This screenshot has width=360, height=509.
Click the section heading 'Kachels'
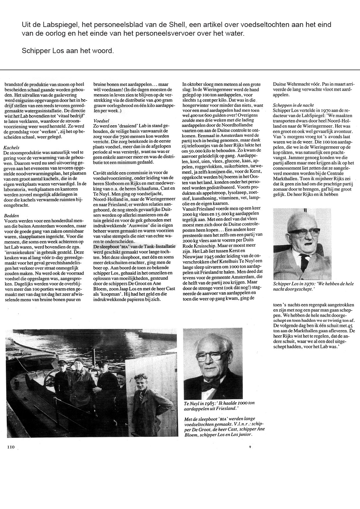click(11, 147)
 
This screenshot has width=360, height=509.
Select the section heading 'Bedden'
click(12, 216)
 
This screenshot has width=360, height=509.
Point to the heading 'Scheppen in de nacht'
click(293, 105)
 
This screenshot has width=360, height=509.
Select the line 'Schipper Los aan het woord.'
click(68, 51)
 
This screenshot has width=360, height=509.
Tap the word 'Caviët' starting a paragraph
click(99, 173)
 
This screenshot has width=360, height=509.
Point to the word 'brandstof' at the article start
click(13, 85)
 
